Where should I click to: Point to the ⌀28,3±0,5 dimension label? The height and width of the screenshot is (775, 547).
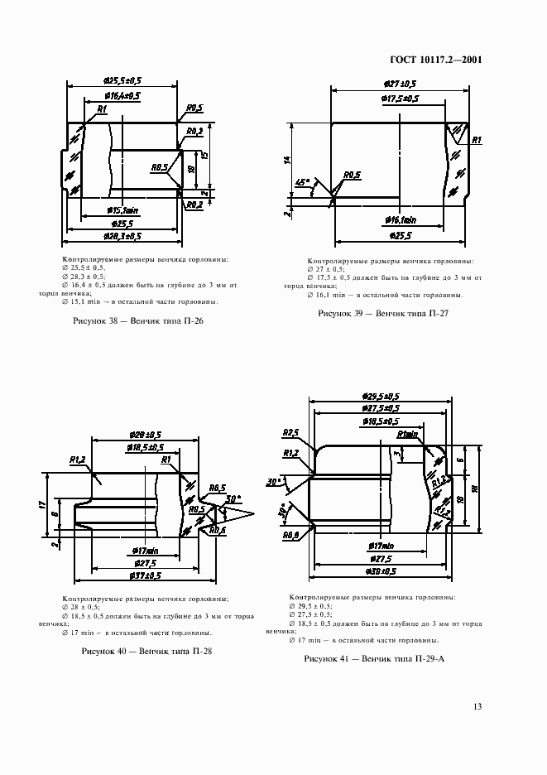(x=122, y=236)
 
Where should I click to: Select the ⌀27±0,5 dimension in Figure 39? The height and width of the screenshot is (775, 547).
(x=400, y=84)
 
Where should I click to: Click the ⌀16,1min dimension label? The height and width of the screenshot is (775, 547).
(x=401, y=220)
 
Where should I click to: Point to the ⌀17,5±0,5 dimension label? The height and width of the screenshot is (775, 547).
(x=400, y=99)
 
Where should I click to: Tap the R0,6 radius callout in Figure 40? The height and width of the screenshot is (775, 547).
(x=218, y=530)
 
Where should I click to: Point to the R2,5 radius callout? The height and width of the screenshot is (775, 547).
(x=290, y=432)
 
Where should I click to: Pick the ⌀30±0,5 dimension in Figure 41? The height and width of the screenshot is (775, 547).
(x=381, y=570)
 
